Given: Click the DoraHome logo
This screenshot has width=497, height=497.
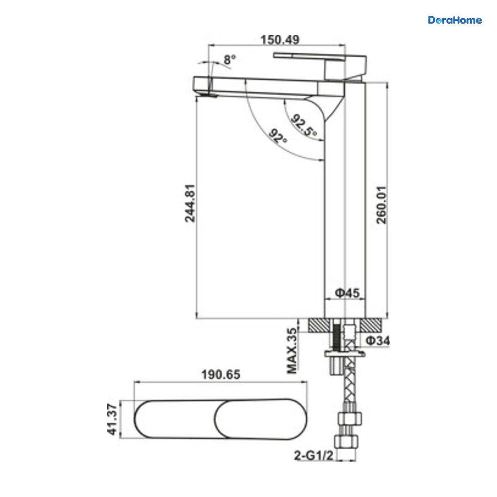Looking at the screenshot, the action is tap(455, 20).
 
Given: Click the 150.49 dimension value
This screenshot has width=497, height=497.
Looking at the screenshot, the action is tap(280, 40).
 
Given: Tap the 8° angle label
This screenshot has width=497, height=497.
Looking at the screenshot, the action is tap(230, 60).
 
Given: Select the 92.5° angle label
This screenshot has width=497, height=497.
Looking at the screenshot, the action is tap(304, 125).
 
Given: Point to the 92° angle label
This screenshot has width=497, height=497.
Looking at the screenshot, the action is tap(278, 136).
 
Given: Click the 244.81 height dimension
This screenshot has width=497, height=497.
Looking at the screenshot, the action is tap(190, 203).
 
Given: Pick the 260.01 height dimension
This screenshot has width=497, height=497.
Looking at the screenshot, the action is tap(381, 205).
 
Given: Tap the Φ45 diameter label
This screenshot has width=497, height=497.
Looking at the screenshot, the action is tap(347, 293).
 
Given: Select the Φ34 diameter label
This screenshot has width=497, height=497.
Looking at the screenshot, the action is tap(378, 341).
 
